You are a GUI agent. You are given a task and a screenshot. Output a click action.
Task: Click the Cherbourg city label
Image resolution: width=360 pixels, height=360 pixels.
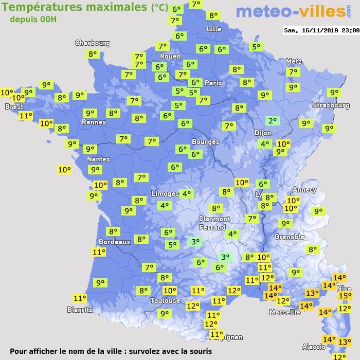pyautogui.click(x=93, y=43)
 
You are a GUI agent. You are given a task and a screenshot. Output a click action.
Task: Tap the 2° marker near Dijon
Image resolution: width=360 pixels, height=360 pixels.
pyautogui.click(x=272, y=121)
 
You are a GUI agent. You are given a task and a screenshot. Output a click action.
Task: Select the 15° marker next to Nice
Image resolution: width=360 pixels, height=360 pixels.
pyautogui.click(x=345, y=296)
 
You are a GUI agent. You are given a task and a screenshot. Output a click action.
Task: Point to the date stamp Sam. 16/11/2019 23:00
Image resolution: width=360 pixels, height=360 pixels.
pyautogui.click(x=321, y=30)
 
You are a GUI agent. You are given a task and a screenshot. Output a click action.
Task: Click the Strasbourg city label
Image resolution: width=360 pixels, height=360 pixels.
pyautogui.click(x=331, y=105)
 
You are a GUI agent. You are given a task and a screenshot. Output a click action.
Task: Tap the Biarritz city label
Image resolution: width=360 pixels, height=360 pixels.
pyautogui.click(x=80, y=310)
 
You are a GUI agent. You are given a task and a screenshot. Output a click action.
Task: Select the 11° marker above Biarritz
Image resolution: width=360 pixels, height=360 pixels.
pyautogui.click(x=80, y=298)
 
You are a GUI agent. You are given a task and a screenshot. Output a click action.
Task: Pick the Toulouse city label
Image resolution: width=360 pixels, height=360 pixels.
pyautogui.click(x=165, y=300)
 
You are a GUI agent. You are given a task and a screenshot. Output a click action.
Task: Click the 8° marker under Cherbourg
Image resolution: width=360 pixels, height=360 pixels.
pyautogui.click(x=93, y=54)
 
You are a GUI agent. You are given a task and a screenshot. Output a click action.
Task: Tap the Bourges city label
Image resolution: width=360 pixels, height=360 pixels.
pyautogui.click(x=205, y=141)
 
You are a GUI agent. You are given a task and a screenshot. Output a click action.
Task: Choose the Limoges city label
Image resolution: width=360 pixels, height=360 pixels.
pyautogui.click(x=165, y=193)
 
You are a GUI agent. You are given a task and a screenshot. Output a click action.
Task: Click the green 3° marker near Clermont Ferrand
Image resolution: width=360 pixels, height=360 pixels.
pyautogui.click(x=195, y=241)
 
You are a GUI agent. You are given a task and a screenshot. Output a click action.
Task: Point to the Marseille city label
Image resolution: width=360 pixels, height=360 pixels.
pyautogui.click(x=285, y=312)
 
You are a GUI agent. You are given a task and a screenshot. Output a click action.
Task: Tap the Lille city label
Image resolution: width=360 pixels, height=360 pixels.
pyautogui.click(x=214, y=29)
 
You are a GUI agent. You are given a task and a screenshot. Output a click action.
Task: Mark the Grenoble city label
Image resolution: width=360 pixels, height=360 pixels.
pyautogui.click(x=290, y=237)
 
